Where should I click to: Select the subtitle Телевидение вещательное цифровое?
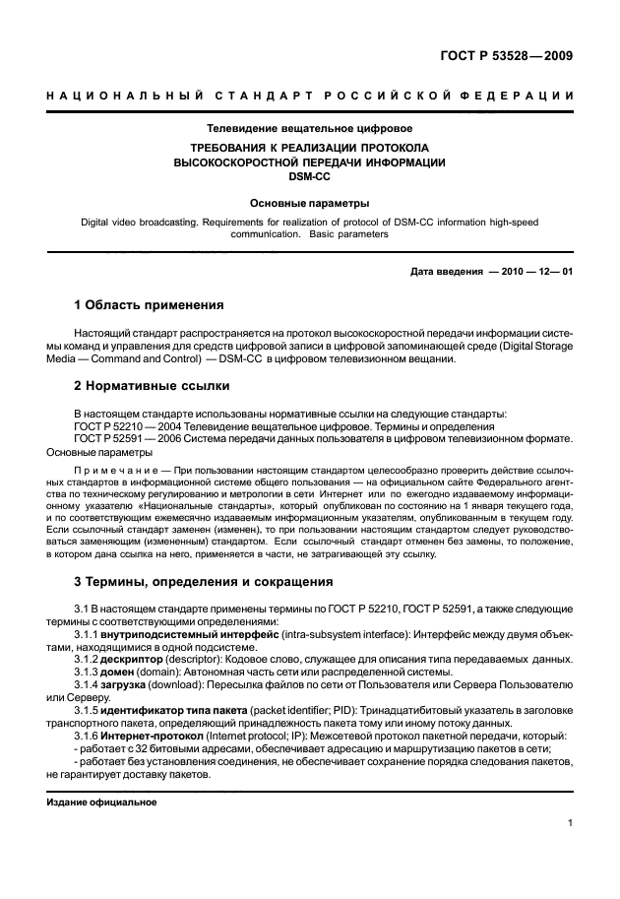click(x=309, y=128)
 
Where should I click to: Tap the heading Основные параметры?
click(x=309, y=202)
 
